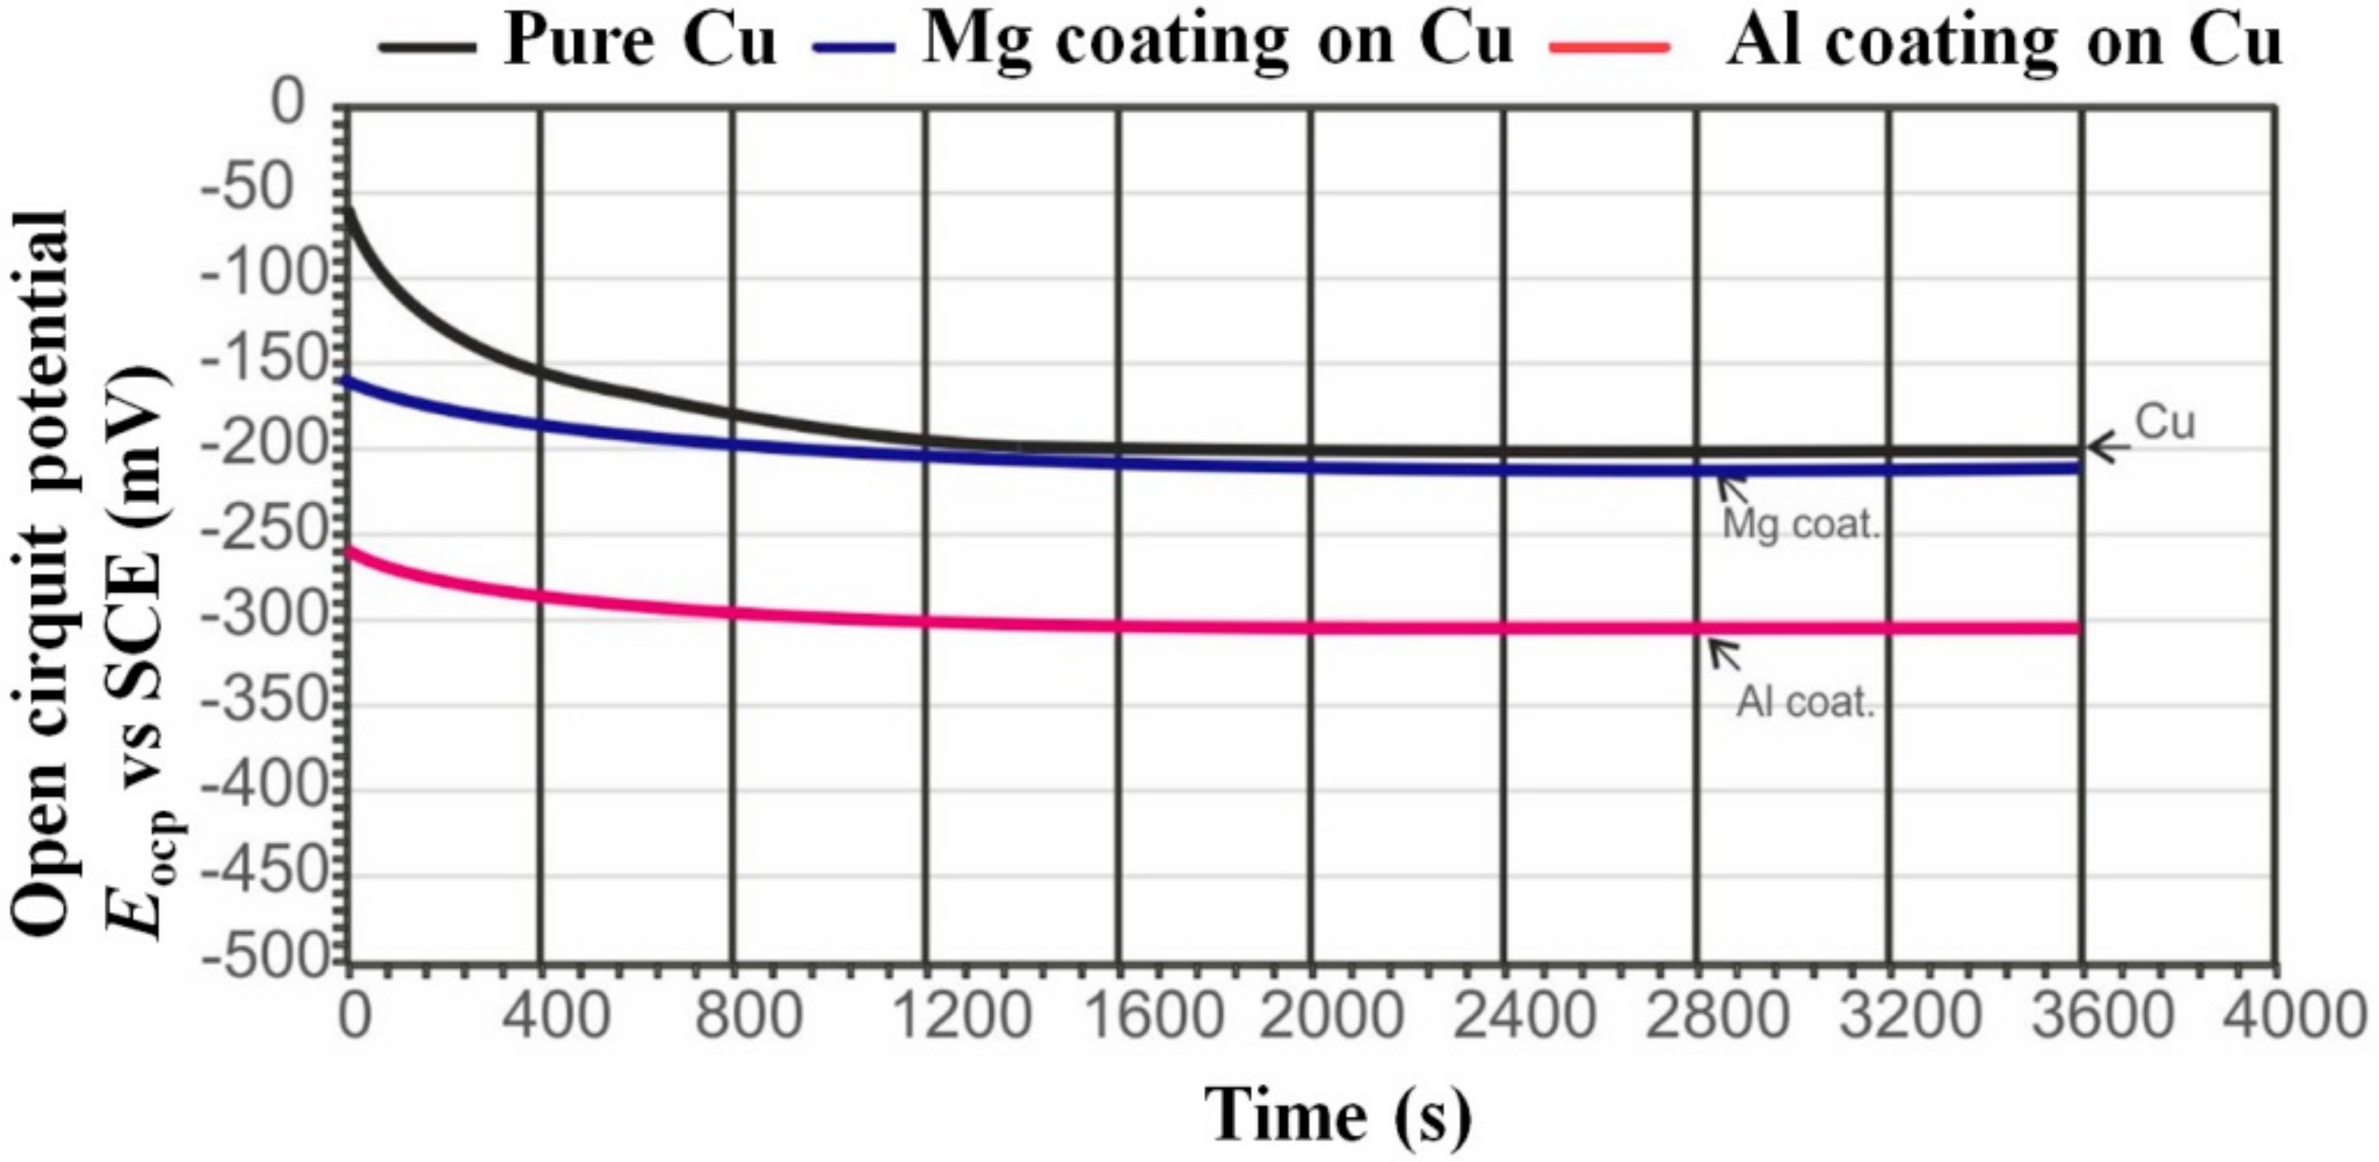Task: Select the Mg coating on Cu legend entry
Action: pyautogui.click(x=1164, y=42)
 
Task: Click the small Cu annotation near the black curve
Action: pyautogui.click(x=2165, y=423)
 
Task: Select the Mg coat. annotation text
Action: pyautogui.click(x=1801, y=524)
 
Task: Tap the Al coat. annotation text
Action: pyautogui.click(x=1806, y=702)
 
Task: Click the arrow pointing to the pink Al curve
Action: pyautogui.click(x=1723, y=654)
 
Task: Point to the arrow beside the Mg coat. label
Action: pyautogui.click(x=1731, y=486)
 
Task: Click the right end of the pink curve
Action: pyautogui.click(x=2078, y=628)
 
